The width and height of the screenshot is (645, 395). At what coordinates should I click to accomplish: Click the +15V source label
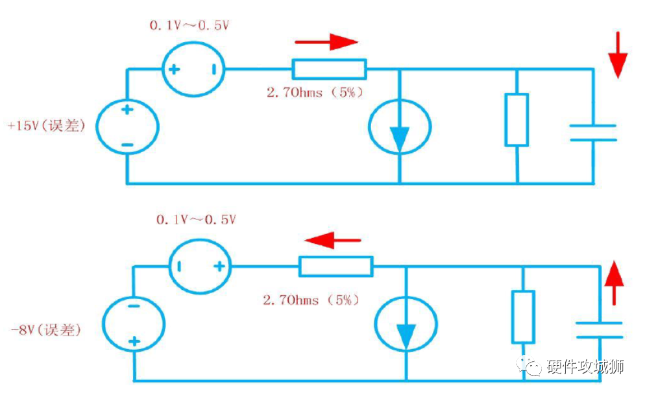[x=45, y=125]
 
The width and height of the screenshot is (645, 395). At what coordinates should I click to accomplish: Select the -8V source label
[x=45, y=330]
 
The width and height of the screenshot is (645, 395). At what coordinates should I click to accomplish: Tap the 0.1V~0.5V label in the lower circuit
[x=195, y=220]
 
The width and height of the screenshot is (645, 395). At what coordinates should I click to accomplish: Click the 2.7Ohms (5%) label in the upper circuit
[x=314, y=92]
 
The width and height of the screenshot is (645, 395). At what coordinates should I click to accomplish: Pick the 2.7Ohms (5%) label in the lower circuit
[x=311, y=300]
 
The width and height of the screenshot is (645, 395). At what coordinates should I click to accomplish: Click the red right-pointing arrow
[x=326, y=43]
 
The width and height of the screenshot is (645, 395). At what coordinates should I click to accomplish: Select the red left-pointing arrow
[x=332, y=241]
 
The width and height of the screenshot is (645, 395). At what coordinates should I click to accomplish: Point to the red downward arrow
[x=618, y=54]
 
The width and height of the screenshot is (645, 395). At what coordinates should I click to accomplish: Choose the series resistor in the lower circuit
[x=335, y=266]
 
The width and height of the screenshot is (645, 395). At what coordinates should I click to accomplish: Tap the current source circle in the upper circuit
[x=399, y=126]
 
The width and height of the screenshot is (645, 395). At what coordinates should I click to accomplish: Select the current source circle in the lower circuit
[x=406, y=324]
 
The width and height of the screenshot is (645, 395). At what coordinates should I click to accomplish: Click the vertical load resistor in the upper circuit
[x=517, y=119]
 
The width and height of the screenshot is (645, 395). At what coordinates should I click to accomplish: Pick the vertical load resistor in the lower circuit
[x=523, y=317]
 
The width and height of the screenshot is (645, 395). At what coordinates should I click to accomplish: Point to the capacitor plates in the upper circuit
[x=593, y=132]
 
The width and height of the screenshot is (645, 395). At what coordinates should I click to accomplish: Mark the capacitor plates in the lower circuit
[x=600, y=329]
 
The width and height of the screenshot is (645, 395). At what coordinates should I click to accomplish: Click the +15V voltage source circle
[x=127, y=126]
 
